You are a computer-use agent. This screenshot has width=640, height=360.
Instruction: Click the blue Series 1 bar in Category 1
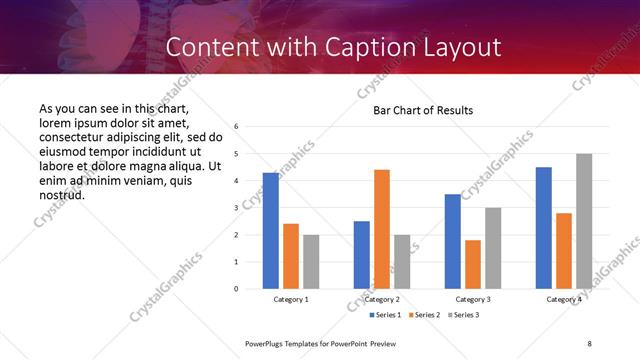click(x=271, y=230)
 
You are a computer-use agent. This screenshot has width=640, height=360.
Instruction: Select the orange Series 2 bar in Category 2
click(x=382, y=229)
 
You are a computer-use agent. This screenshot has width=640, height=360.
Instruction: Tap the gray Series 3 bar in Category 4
click(x=584, y=221)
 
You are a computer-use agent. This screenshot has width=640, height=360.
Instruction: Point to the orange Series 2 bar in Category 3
click(x=473, y=264)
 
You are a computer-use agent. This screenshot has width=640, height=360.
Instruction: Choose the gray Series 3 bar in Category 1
click(x=311, y=261)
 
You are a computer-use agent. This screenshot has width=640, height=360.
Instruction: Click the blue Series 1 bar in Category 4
click(x=544, y=227)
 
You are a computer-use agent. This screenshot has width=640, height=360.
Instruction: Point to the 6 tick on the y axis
click(x=236, y=127)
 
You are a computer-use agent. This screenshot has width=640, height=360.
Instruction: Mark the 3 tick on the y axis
click(x=236, y=208)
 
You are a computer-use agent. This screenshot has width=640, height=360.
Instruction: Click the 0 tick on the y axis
click(x=236, y=289)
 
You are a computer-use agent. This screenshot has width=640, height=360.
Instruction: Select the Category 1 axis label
click(x=291, y=299)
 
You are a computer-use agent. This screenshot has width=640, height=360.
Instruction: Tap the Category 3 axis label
click(x=473, y=299)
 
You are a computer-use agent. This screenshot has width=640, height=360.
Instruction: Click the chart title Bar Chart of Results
click(x=423, y=110)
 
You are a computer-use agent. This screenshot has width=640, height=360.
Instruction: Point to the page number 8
click(x=590, y=343)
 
